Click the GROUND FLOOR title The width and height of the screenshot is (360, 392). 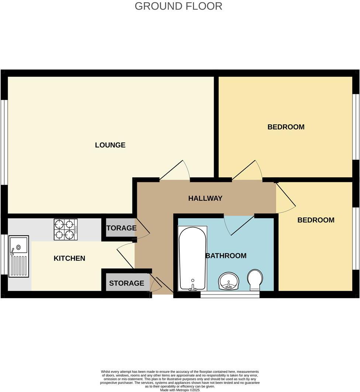pos(179,6)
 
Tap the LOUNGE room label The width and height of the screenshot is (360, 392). pos(110,145)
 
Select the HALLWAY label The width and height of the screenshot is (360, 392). pos(205,198)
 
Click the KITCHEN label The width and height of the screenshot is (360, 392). pos(69,258)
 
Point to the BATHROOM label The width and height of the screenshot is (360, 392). pos(226,256)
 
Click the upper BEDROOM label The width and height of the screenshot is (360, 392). pos(286,127)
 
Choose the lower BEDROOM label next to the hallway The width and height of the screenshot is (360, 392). pos(316,220)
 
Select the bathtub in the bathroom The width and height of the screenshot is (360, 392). pos(192,258)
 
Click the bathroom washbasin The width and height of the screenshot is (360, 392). pos(229,282)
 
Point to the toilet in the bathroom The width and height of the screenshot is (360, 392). pos(255,280)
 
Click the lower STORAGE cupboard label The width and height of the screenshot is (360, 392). pos(126,283)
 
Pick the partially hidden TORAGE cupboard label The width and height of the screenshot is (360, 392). pos(121,228)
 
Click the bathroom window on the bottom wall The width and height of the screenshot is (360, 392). pos(230,295)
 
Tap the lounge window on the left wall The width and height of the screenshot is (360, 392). pos(4,142)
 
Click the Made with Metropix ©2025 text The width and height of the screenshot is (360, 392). pos(180,390)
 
